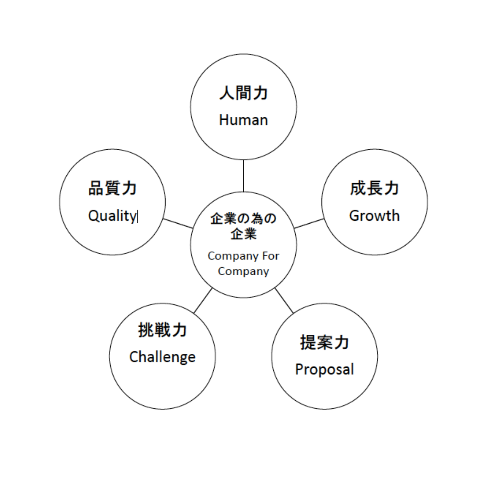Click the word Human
(243, 120)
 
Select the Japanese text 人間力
(243, 93)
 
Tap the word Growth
(374, 216)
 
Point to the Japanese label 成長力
(374, 188)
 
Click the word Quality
(112, 216)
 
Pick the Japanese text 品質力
(113, 188)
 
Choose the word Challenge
(162, 357)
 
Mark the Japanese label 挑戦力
(162, 330)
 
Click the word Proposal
(324, 369)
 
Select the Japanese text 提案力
(324, 342)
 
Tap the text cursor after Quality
(137, 217)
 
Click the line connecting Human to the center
(243, 176)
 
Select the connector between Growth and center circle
(309, 223)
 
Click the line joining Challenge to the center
(203, 301)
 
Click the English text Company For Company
(243, 263)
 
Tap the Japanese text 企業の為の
(243, 219)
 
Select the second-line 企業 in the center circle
(243, 235)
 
